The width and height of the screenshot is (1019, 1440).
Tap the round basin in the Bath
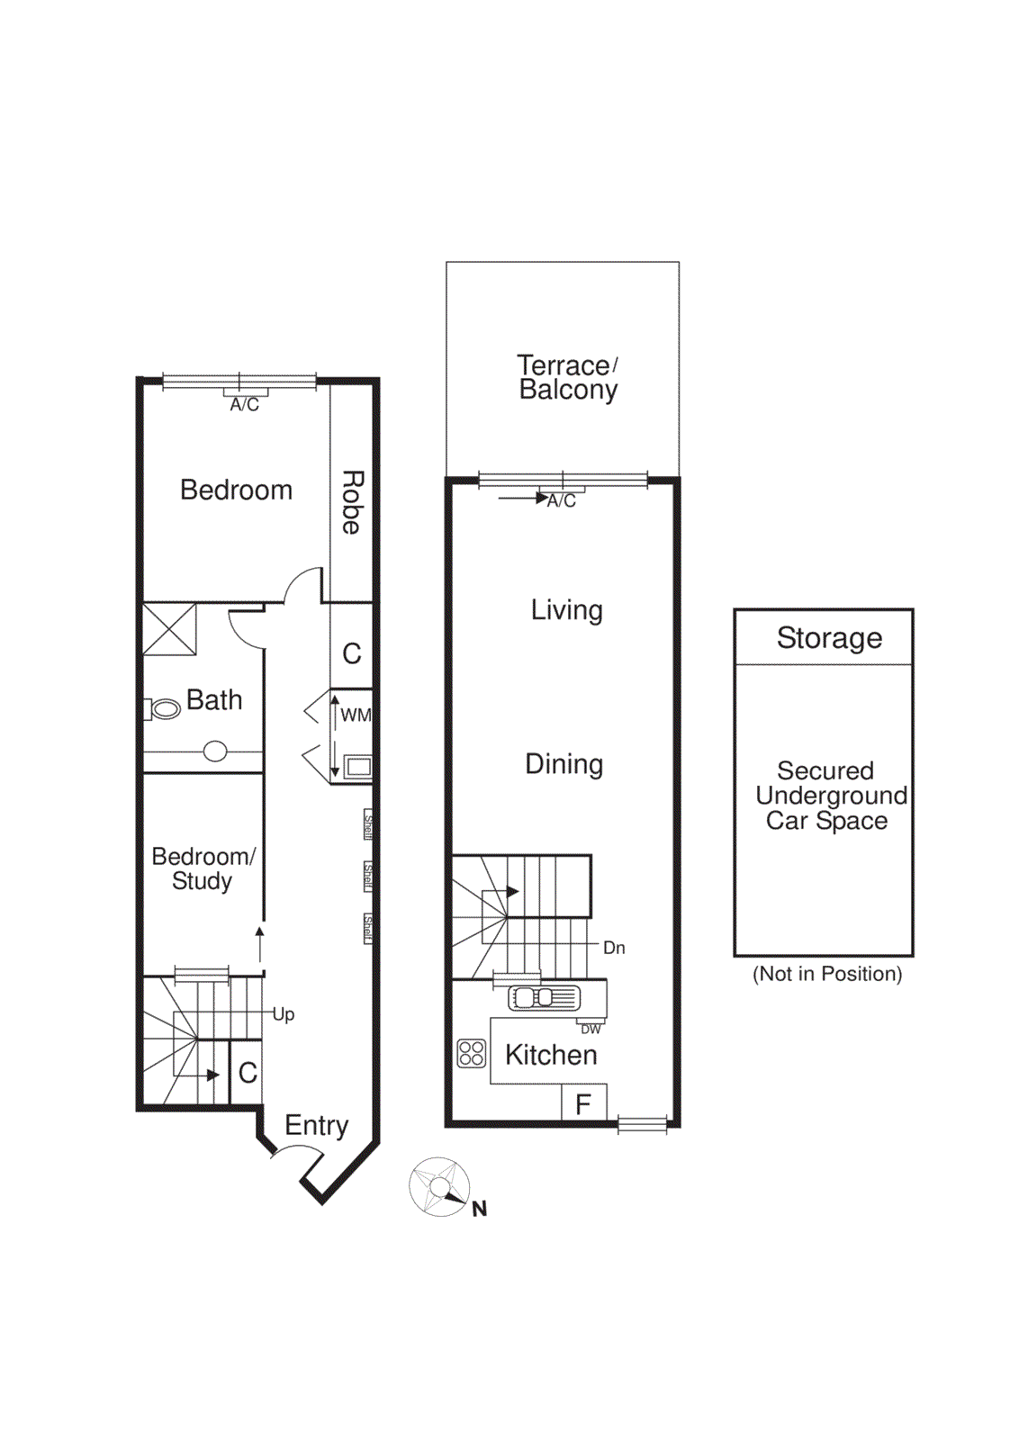click(x=215, y=751)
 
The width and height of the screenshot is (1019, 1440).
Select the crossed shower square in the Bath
click(x=170, y=629)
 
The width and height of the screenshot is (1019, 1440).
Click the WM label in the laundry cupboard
click(x=356, y=715)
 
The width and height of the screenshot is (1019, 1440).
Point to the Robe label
click(x=352, y=502)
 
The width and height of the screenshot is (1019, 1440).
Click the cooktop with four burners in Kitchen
click(x=471, y=1053)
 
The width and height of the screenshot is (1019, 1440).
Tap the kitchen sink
click(x=544, y=997)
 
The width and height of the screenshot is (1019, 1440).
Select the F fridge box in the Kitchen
click(x=583, y=1103)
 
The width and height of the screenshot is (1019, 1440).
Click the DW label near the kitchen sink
click(x=591, y=1030)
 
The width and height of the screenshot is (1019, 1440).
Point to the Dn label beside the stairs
click(x=614, y=948)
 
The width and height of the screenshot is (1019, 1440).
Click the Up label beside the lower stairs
click(x=284, y=1014)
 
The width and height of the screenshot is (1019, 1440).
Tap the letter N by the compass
click(x=480, y=1209)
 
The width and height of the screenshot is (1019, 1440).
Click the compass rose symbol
click(x=439, y=1187)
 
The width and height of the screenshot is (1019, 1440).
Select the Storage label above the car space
click(x=829, y=637)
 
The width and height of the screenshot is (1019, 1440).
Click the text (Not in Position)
click(x=827, y=974)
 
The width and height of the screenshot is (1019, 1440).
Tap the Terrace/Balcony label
click(x=568, y=377)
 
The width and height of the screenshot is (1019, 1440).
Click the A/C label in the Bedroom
click(x=244, y=405)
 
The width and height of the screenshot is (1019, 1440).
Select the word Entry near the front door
click(x=316, y=1125)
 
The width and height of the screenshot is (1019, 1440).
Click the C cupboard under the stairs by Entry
click(x=248, y=1073)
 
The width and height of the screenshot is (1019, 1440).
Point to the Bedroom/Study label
click(x=203, y=868)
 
